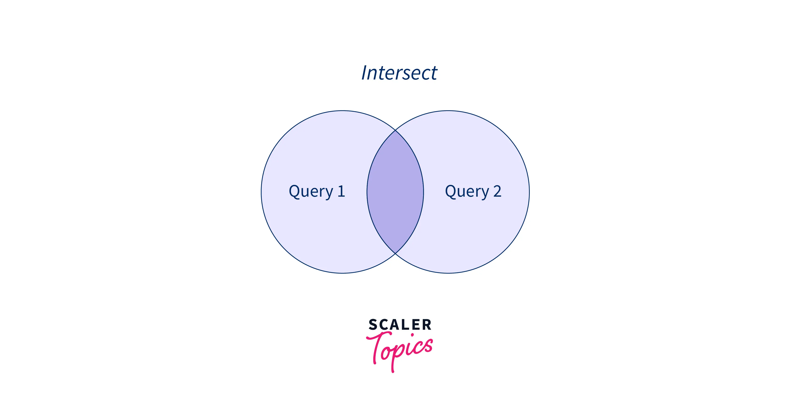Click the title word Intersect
[x=399, y=73]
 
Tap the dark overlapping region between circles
[x=395, y=192]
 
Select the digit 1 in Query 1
[x=341, y=191]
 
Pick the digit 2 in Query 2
[x=497, y=191]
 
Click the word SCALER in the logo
[x=400, y=325]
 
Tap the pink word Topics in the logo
[x=400, y=349]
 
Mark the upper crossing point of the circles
[x=395, y=130]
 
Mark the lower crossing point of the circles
[x=395, y=253]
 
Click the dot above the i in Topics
[x=413, y=335]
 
